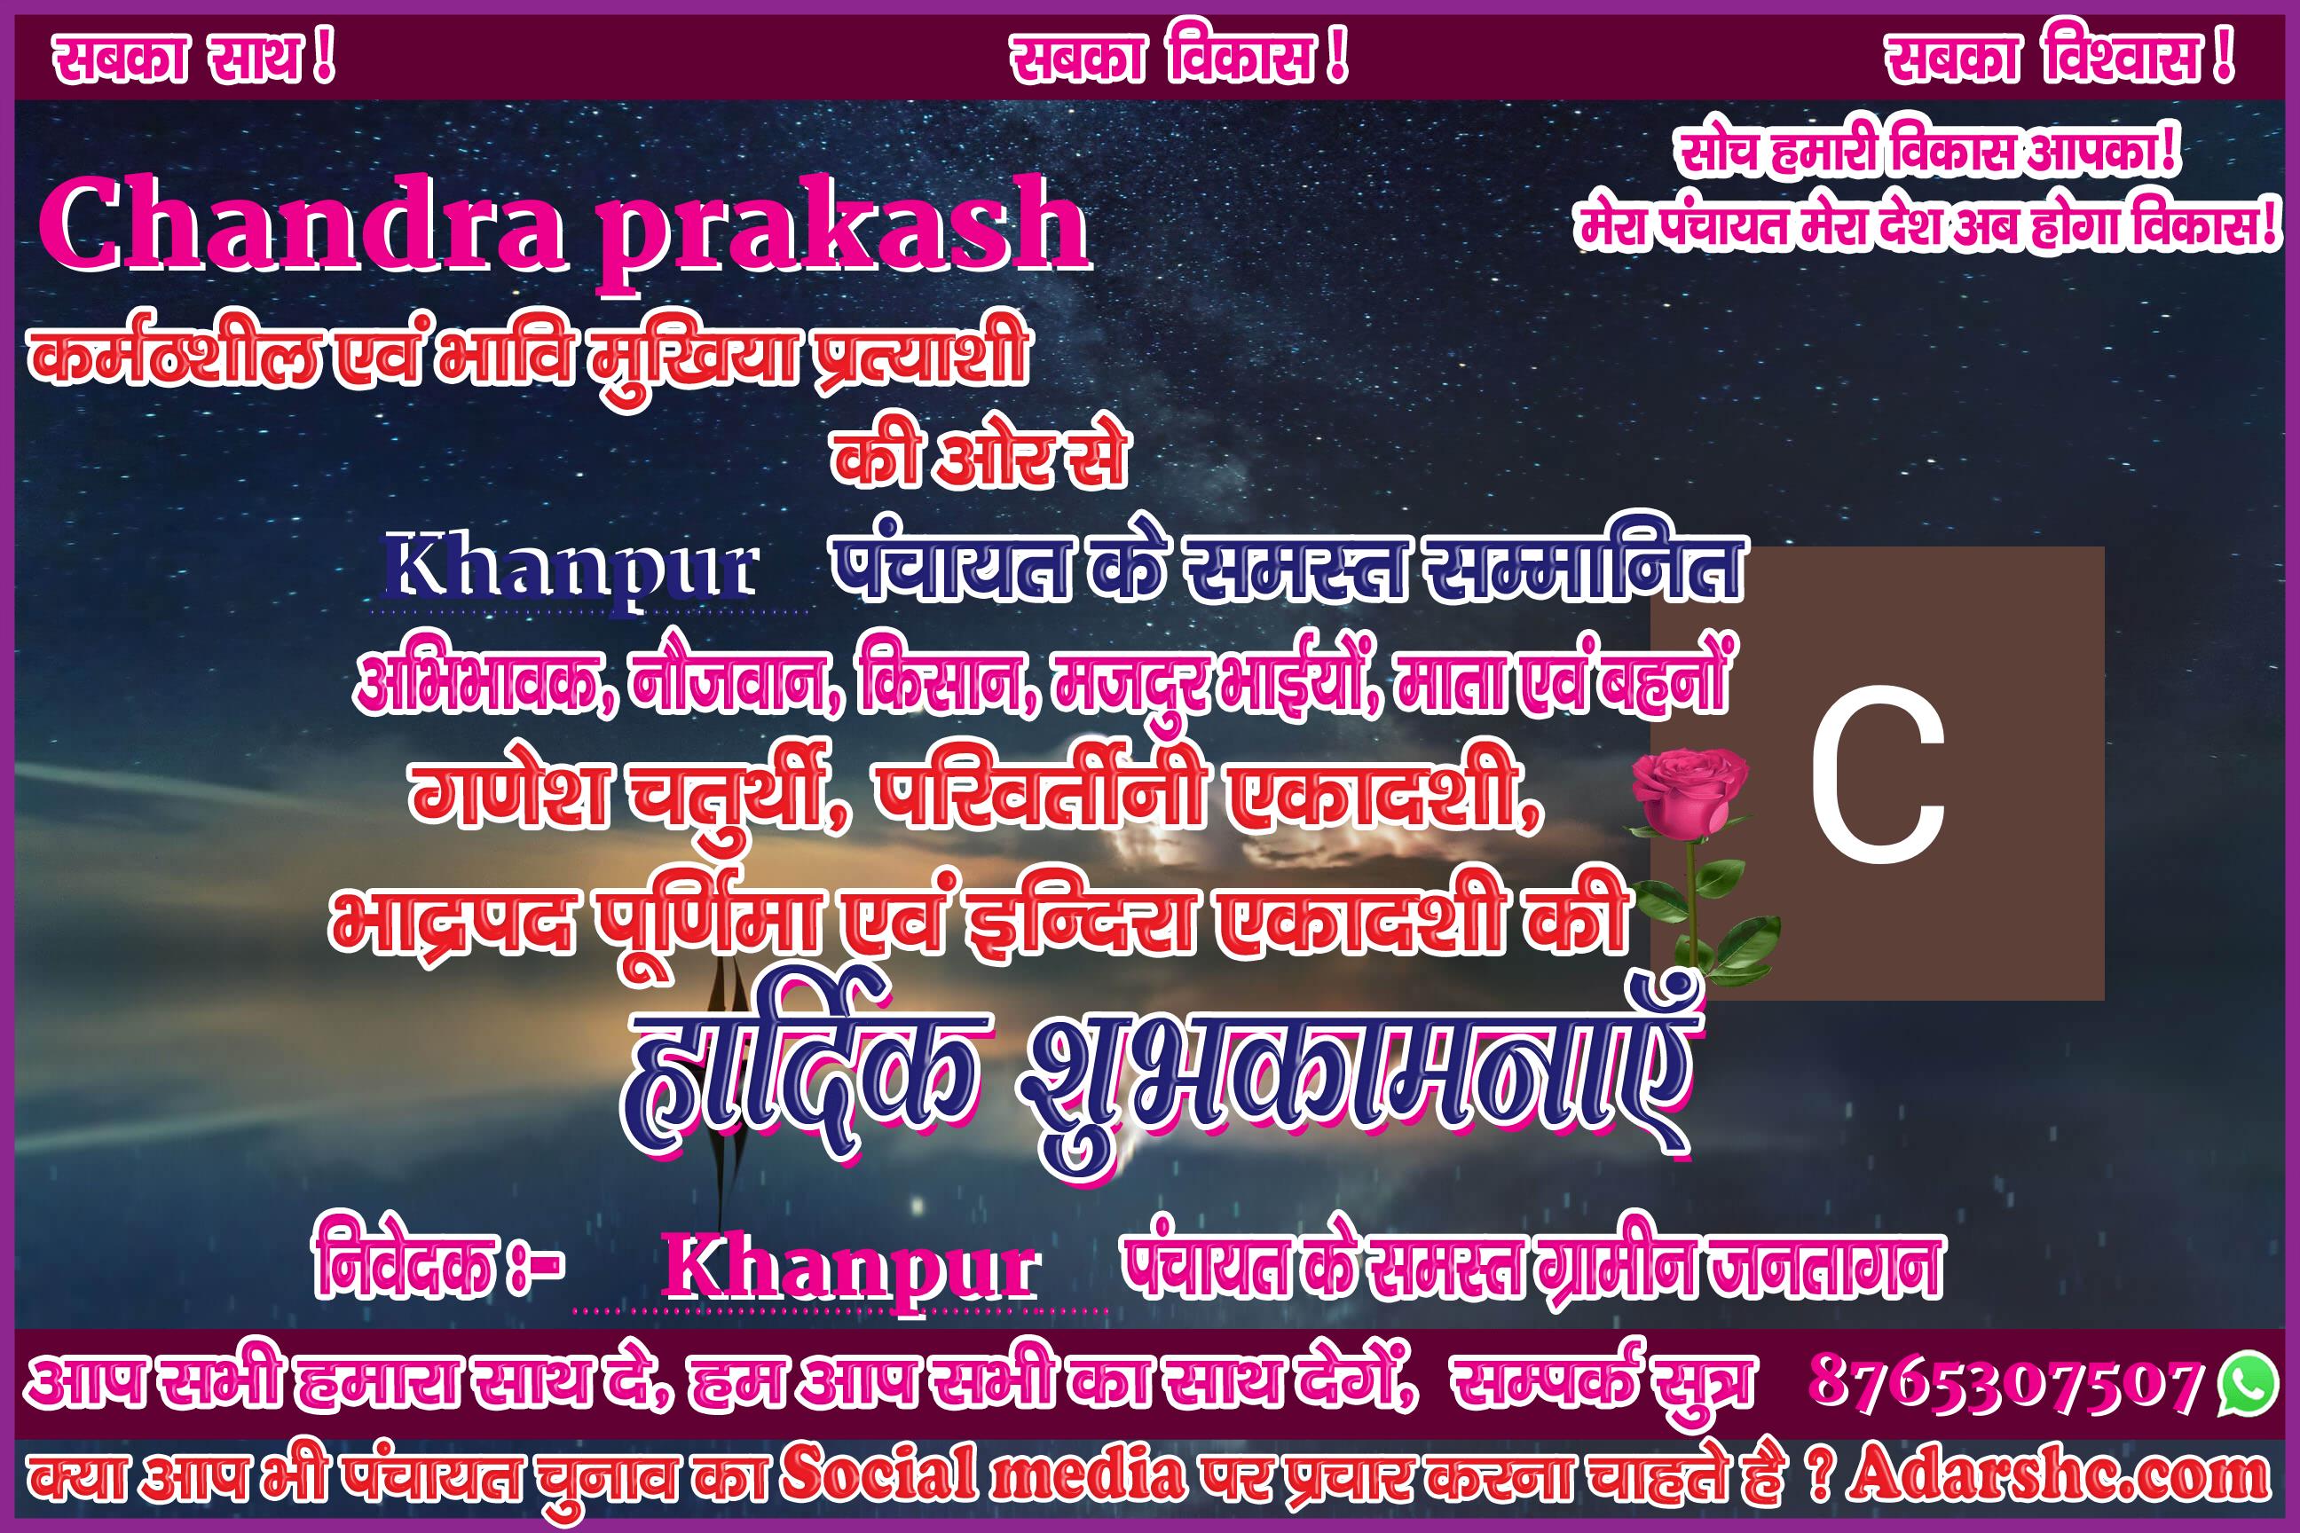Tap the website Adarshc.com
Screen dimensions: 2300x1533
pos(2058,1475)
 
